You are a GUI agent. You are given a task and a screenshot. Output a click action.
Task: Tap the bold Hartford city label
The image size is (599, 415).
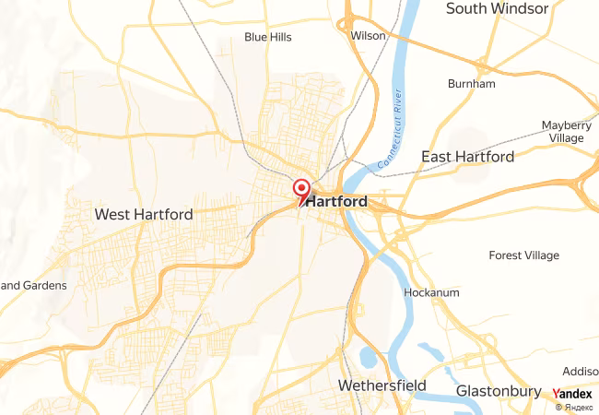click(337, 201)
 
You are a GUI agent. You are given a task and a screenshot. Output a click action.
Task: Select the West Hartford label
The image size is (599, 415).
click(144, 215)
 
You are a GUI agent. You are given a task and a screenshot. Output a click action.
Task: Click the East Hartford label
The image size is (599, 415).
click(467, 157)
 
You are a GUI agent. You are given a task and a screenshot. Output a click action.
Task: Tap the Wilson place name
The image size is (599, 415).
click(368, 36)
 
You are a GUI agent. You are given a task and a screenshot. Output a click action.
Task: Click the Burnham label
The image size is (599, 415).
click(471, 84)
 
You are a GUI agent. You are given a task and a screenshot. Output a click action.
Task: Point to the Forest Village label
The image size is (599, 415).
click(529, 255)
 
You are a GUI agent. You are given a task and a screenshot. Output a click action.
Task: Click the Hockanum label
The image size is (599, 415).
click(431, 293)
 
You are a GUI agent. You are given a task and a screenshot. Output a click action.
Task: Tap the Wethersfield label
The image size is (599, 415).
click(382, 384)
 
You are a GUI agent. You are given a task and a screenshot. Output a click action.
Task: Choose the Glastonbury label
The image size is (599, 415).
click(498, 391)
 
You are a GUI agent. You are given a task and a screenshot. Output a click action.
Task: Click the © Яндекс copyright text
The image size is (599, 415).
click(573, 407)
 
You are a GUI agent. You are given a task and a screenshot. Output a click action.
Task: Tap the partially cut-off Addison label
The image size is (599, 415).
click(580, 371)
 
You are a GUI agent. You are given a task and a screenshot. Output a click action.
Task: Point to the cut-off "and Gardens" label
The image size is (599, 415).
click(33, 286)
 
